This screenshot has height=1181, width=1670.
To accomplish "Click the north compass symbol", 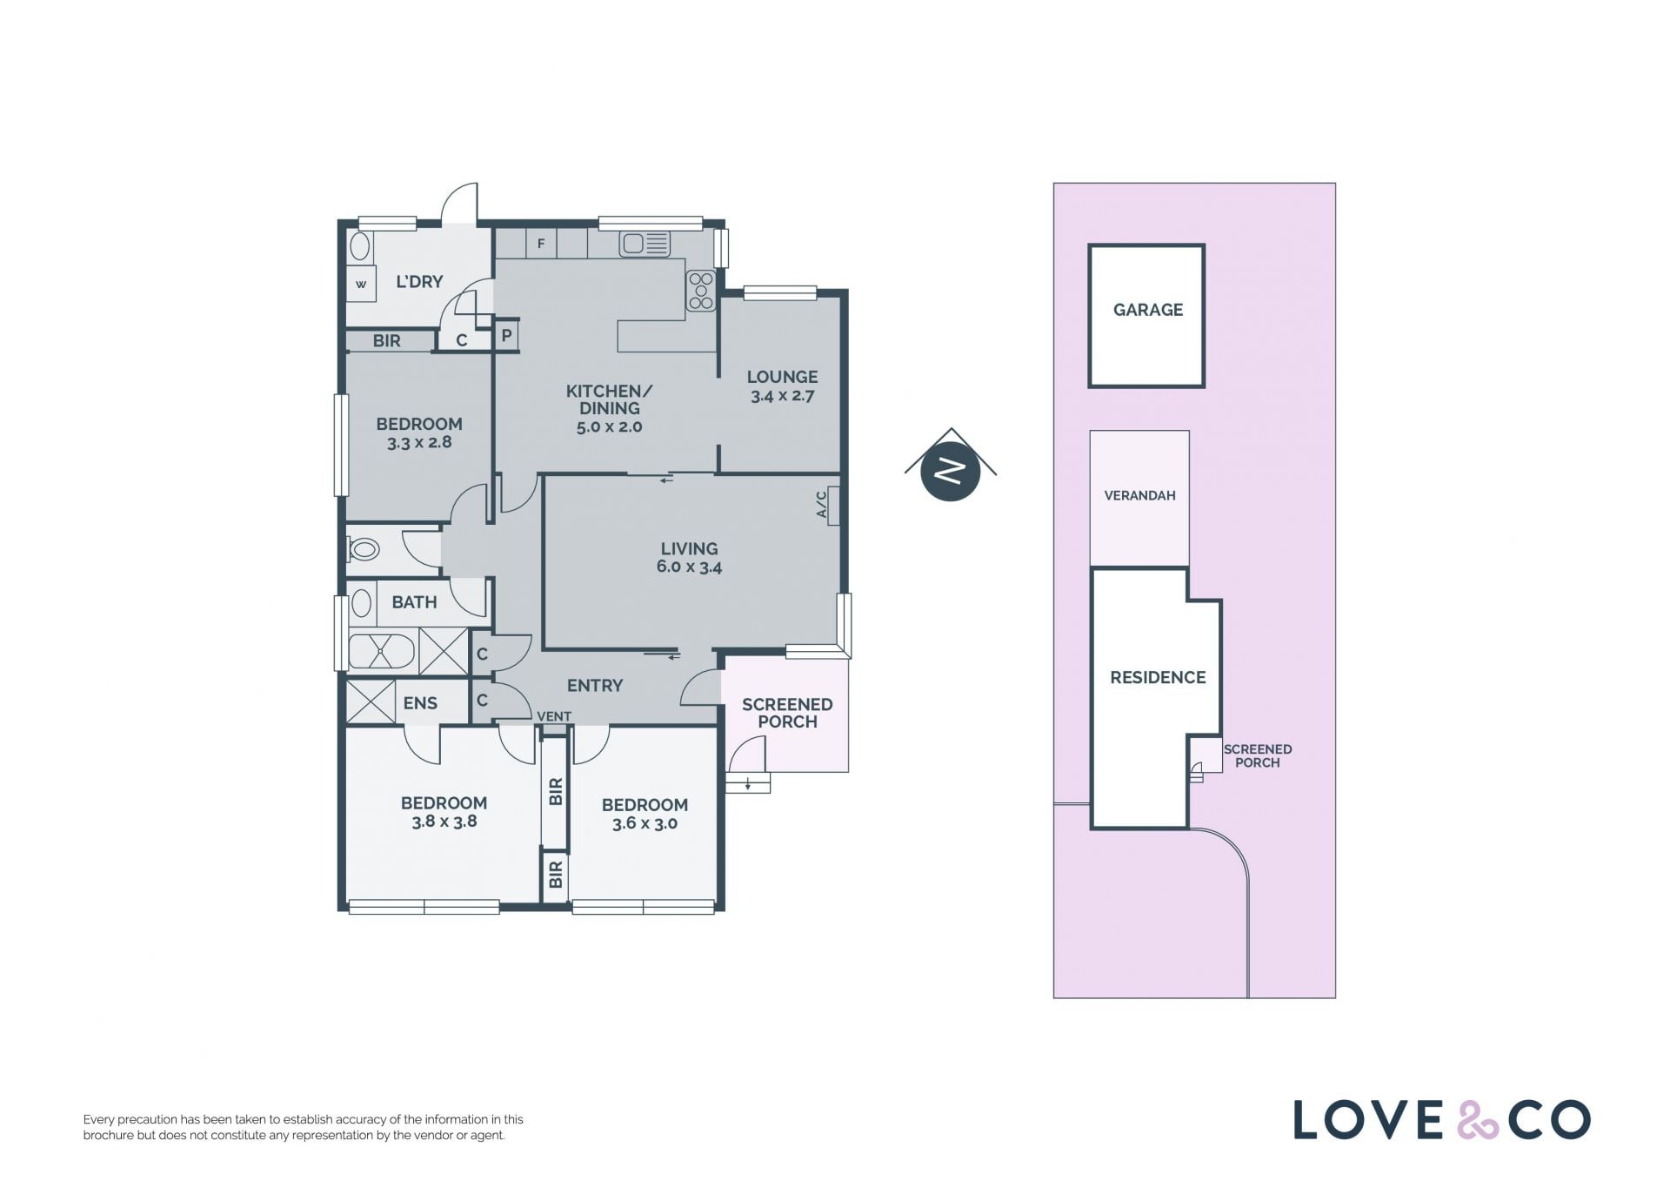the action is pos(951,470).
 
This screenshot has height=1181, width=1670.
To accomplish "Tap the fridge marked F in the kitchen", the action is pos(541,244).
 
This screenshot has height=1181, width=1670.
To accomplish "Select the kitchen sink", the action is pos(645,244).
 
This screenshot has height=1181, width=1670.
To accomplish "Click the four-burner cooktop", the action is pos(701,291).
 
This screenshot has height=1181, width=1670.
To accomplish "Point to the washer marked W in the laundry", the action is pos(361,284).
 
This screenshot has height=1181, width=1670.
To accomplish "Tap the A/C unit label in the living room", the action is pos(822,505).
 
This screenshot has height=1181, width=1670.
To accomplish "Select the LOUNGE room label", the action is pos(782,377).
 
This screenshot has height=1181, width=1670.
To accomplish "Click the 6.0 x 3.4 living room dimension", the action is pos(689,567).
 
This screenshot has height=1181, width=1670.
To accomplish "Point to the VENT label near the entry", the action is pos(554,716).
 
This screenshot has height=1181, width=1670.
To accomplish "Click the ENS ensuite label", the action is pos(420,703).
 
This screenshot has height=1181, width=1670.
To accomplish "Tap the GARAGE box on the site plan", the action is pos(1146,315).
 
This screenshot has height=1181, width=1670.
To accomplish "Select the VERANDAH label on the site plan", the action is pos(1139,495).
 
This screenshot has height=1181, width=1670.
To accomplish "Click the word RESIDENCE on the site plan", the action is pos(1158,677).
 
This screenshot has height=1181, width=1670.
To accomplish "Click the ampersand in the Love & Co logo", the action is pos(1478,1120).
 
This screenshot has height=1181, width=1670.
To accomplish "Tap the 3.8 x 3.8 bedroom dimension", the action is pos(444,822).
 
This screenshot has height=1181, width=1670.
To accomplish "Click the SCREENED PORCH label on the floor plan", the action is pos(787,713).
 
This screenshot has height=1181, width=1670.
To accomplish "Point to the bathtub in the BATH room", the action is pos(381,651).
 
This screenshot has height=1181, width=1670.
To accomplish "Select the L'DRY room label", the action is pos(419,281).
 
